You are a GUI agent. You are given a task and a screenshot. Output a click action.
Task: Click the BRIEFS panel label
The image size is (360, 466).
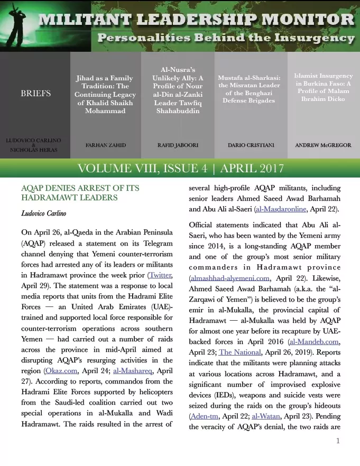tap(35, 94)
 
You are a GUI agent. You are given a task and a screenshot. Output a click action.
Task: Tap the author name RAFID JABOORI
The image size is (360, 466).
tap(177, 144)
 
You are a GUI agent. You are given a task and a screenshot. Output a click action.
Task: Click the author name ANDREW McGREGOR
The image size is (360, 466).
tap(322, 144)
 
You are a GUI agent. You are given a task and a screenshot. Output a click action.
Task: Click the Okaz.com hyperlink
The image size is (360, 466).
tap(60, 357)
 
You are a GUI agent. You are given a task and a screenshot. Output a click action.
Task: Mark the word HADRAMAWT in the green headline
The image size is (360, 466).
tap(53, 197)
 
